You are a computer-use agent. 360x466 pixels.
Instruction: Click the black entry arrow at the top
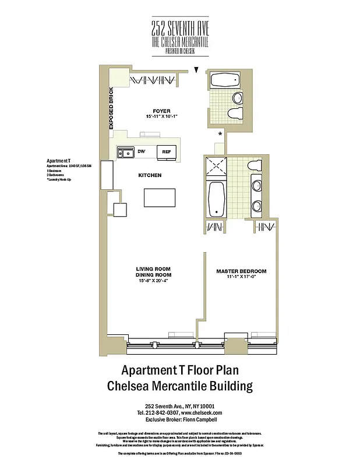(x=197, y=70)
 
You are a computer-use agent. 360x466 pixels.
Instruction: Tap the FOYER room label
(x=161, y=110)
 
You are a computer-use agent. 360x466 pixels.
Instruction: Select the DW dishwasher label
(x=141, y=152)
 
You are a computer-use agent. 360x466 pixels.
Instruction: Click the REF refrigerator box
(x=166, y=152)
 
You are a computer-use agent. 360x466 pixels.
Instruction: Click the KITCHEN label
(x=150, y=175)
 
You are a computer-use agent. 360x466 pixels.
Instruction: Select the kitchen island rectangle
(x=159, y=198)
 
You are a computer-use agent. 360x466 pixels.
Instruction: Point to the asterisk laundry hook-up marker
(x=219, y=135)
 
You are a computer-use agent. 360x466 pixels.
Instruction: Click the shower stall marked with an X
(x=216, y=167)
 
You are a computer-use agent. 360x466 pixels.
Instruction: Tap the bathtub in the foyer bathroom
(x=221, y=80)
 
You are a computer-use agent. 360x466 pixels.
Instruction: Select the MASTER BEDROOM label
(x=241, y=271)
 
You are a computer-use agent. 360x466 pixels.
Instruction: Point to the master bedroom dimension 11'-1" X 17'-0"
(x=241, y=278)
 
